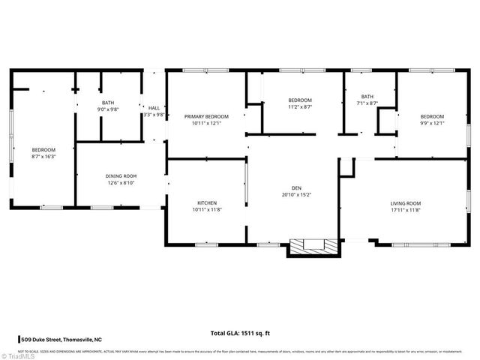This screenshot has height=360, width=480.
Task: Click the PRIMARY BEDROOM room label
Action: pyautogui.click(x=206, y=116)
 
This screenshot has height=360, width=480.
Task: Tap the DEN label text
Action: pyautogui.click(x=296, y=187)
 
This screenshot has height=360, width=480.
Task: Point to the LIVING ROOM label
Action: pyautogui.click(x=405, y=203)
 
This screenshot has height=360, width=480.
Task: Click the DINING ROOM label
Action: pyautogui.click(x=121, y=176)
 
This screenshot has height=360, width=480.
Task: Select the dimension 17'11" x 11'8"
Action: pyautogui.click(x=405, y=210)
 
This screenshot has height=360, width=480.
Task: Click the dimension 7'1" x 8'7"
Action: pyautogui.click(x=367, y=103)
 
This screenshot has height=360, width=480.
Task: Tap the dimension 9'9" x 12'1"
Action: pyautogui.click(x=432, y=123)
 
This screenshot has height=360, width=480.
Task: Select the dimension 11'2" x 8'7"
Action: pyautogui.click(x=300, y=107)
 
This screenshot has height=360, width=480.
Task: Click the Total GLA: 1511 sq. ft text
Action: pyautogui.click(x=240, y=332)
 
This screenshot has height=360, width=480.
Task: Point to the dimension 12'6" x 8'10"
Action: pyautogui.click(x=121, y=183)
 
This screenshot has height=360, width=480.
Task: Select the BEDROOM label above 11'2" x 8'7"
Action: pyautogui.click(x=300, y=100)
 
